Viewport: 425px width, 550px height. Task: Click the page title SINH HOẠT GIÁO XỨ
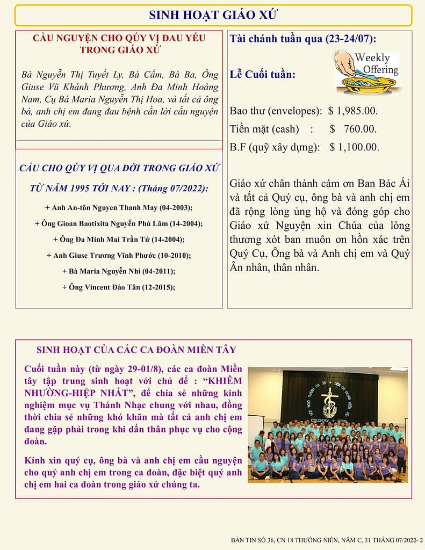click(x=213, y=15)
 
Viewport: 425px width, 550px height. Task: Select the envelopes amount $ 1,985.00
click(x=353, y=111)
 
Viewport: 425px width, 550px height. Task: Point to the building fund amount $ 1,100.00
click(x=354, y=147)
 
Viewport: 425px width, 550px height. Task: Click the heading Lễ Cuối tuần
click(x=262, y=74)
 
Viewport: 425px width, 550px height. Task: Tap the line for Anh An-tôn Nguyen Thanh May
click(x=119, y=207)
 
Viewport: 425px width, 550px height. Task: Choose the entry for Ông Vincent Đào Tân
click(x=119, y=287)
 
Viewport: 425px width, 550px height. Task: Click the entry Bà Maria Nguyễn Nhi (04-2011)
click(x=119, y=271)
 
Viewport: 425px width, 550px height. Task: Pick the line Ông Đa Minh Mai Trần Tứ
click(x=119, y=239)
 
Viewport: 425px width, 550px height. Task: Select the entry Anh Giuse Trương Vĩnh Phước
click(x=119, y=255)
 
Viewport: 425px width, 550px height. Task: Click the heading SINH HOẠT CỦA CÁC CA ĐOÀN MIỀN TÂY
click(x=136, y=350)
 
